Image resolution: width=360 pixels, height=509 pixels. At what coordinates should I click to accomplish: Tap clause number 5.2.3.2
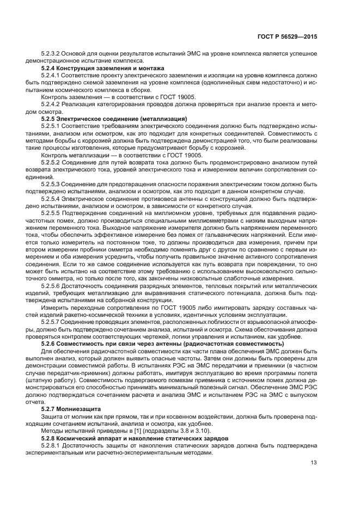[53, 54]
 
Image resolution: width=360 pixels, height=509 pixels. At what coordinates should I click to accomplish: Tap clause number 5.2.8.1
[53, 445]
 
